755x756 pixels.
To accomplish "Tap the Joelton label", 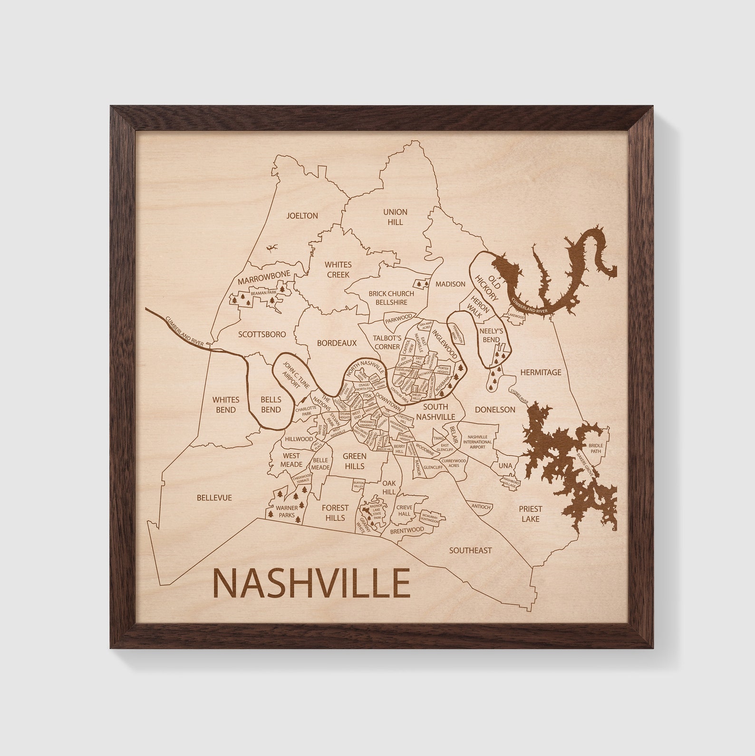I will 302,216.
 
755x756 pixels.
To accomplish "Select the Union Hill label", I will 395,217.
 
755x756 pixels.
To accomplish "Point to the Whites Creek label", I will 338,269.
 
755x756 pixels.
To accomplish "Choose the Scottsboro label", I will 262,334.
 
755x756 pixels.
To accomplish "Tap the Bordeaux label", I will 337,343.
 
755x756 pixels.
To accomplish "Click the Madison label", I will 450,284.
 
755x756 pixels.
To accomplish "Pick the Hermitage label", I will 541,373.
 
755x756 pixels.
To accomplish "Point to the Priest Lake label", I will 531,514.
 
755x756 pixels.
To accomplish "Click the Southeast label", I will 470,550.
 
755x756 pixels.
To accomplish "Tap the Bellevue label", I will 214,498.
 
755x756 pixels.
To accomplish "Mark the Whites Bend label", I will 226,405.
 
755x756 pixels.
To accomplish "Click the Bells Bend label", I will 270,405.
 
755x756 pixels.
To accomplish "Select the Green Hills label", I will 354,461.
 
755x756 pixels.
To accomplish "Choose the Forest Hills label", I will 335,512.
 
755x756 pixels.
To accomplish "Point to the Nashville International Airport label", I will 478,442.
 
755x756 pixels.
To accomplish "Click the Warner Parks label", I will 288,511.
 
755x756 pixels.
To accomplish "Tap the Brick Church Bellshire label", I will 391,298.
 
